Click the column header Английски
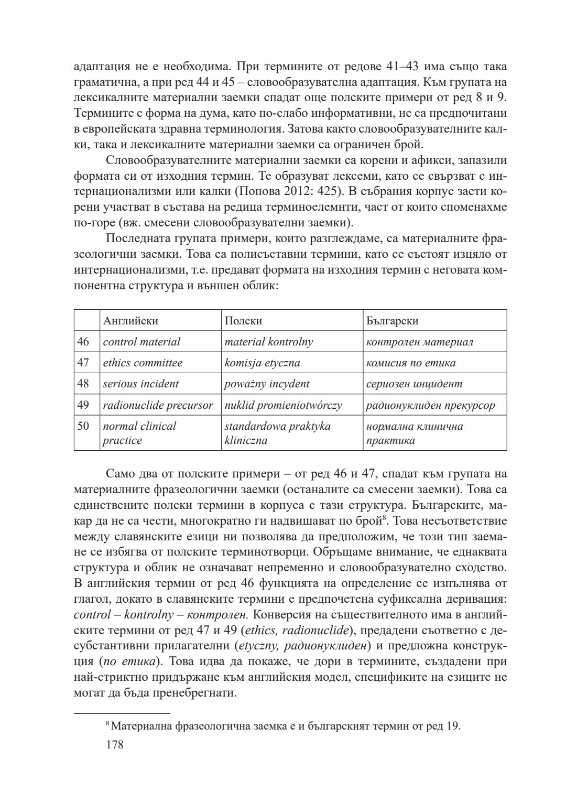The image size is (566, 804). pyautogui.click(x=130, y=321)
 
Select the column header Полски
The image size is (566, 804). pyautogui.click(x=243, y=321)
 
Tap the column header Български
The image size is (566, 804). pyautogui.click(x=392, y=321)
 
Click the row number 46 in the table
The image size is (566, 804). pyautogui.click(x=83, y=342)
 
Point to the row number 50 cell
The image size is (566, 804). pyautogui.click(x=83, y=426)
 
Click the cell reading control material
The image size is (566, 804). pyautogui.click(x=141, y=342)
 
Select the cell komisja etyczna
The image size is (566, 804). pyautogui.click(x=262, y=363)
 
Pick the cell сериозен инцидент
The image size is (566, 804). pyautogui.click(x=414, y=384)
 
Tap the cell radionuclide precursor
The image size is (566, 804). pyautogui.click(x=158, y=405)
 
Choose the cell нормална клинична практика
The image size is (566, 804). pyautogui.click(x=415, y=433)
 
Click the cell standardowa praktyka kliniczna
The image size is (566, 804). pyautogui.click(x=277, y=433)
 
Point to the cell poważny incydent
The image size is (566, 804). pyautogui.click(x=267, y=384)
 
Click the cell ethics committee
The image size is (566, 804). pyautogui.click(x=143, y=363)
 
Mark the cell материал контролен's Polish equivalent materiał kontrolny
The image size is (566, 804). pyautogui.click(x=268, y=342)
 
